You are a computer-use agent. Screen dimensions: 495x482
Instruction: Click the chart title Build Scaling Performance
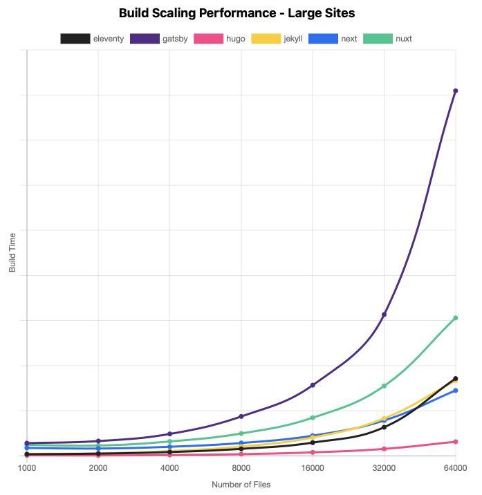coord(237,13)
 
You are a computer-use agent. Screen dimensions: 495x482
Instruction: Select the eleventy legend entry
coord(92,39)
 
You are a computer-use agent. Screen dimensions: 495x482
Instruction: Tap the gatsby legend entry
coord(159,39)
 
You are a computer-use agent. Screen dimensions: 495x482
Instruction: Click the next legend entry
coord(333,39)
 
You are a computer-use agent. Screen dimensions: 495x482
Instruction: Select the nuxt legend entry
coord(387,39)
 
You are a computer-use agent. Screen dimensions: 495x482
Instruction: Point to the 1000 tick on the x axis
coord(27,468)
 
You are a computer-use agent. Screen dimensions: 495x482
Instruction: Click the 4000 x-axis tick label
coord(169,468)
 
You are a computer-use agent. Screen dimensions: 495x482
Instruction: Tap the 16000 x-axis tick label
coord(313,468)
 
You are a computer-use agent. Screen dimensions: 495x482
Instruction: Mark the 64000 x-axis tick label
coord(455,468)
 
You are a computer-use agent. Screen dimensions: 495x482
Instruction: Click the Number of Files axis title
coord(241,485)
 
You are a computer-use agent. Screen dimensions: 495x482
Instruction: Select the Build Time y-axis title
coord(12,252)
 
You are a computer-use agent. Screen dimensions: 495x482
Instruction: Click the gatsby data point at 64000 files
coord(455,91)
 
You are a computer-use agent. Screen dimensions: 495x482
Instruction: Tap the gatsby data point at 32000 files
coord(384,315)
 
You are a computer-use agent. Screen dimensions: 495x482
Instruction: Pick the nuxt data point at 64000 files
coord(455,318)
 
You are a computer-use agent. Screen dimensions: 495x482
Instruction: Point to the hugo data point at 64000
coord(455,442)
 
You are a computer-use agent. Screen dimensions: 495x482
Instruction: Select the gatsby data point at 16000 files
coord(313,385)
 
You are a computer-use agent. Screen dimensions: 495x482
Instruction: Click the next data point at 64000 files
coord(455,391)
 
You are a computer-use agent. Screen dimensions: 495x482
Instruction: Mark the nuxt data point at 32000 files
coord(384,386)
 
